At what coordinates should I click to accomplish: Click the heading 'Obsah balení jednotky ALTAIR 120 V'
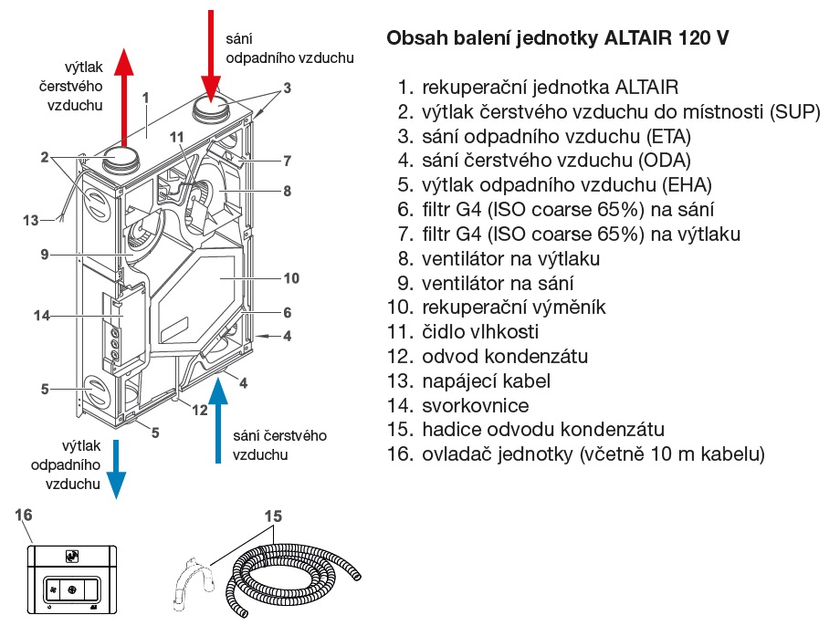[558, 39]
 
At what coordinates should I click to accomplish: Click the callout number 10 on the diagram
[291, 277]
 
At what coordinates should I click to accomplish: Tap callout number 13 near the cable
[32, 219]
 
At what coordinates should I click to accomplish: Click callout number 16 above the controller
[24, 516]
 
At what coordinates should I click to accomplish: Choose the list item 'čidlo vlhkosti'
[479, 332]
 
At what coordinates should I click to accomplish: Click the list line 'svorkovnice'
[475, 405]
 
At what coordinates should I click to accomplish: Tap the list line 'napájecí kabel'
[486, 381]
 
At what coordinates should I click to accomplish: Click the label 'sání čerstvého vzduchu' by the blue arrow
[279, 444]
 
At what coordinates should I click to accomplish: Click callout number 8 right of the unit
[286, 192]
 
